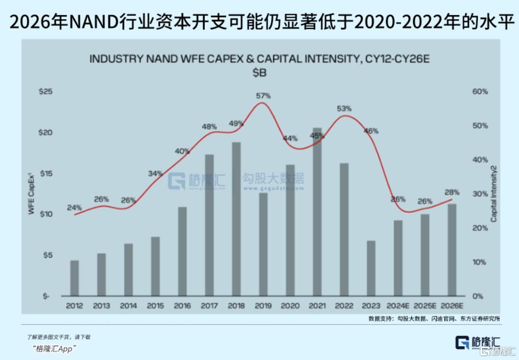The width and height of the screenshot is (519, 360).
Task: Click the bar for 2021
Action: pyautogui.click(x=317, y=212)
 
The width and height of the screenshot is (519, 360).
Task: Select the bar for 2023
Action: pyautogui.click(x=371, y=268)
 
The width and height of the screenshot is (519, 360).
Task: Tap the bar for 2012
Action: pyautogui.click(x=74, y=278)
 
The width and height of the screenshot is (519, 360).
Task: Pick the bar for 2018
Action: pyautogui.click(x=236, y=219)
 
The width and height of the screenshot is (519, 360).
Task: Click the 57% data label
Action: pyautogui.click(x=263, y=96)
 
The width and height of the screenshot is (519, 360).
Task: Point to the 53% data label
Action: pyautogui.click(x=344, y=109)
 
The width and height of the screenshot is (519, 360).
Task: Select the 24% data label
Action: pyautogui.click(x=74, y=208)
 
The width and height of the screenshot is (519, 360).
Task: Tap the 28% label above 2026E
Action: pyautogui.click(x=452, y=192)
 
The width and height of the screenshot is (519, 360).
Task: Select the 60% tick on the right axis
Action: pyautogui.click(x=480, y=92)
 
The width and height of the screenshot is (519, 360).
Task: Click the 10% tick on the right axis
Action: pyautogui.click(x=480, y=262)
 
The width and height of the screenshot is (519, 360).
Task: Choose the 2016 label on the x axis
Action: pyautogui.click(x=182, y=306)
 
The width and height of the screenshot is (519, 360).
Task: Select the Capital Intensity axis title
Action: pyautogui.click(x=494, y=193)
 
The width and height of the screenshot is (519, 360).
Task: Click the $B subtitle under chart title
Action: pyautogui.click(x=259, y=72)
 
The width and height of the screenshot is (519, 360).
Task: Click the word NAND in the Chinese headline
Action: pyautogui.click(x=93, y=23)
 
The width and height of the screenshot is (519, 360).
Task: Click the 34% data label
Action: pyautogui.click(x=155, y=173)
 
